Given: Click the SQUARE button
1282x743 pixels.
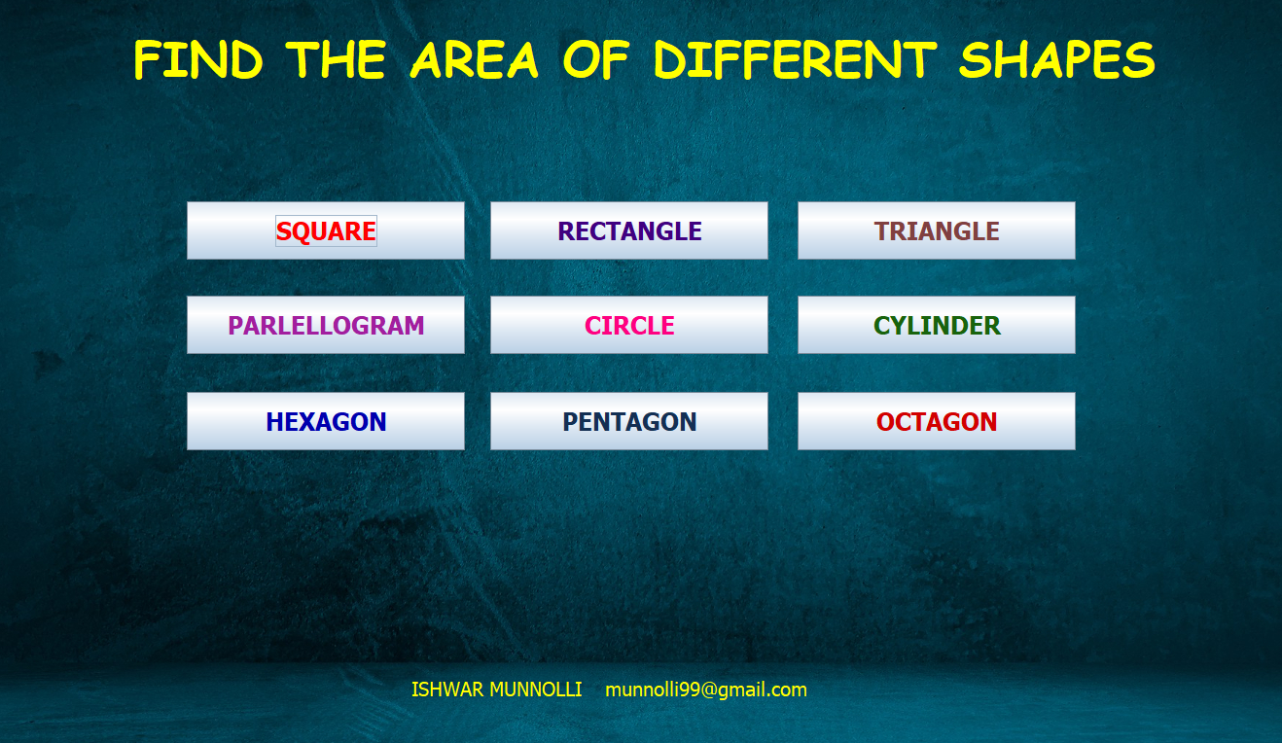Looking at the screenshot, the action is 326,230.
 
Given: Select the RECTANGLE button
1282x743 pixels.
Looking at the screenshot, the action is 629,230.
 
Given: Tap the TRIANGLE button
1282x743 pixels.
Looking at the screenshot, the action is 937,230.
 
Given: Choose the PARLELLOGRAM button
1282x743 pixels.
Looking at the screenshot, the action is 326,325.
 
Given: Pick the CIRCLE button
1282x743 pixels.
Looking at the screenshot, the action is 629,325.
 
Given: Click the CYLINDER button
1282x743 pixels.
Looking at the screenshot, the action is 937,325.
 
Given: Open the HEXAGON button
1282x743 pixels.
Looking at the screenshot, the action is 326,421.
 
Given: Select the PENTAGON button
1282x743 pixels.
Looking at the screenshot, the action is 629,421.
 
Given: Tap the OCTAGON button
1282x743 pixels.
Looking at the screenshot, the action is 937,421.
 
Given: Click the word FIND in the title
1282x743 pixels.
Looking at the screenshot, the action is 198,59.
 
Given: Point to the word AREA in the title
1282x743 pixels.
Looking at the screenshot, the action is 475,59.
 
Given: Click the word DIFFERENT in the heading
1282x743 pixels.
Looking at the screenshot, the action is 796,59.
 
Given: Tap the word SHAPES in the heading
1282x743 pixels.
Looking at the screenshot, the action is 1057,59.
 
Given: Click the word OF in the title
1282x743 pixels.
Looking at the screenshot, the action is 596,59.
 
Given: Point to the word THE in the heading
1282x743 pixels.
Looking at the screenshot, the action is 336,59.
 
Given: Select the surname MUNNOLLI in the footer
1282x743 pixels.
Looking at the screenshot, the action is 536,690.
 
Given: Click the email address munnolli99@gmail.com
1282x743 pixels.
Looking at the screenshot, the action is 706,690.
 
